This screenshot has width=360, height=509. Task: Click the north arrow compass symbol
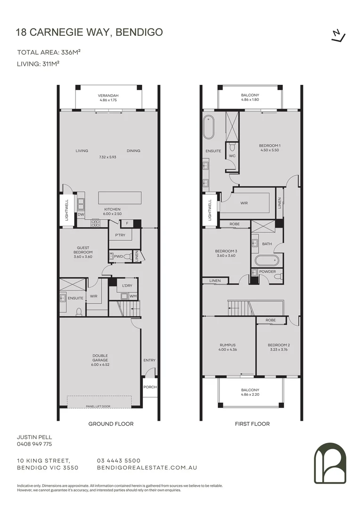point(338,36)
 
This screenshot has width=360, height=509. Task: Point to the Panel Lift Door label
point(98,406)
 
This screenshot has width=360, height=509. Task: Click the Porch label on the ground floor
point(150,387)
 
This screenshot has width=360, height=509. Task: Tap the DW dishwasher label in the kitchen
point(81,214)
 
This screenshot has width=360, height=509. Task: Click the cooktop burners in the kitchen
point(96,222)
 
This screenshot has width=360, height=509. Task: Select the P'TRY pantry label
point(120,235)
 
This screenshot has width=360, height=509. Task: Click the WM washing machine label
point(133,296)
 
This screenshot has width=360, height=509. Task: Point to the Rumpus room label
point(228,345)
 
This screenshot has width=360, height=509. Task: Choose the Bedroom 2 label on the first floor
point(279,345)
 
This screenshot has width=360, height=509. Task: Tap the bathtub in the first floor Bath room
point(267,260)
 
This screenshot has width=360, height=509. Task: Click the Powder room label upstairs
point(268,271)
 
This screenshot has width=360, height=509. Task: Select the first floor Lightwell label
point(210,210)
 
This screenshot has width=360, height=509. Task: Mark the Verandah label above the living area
point(108,95)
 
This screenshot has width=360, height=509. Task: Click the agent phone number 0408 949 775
point(34,444)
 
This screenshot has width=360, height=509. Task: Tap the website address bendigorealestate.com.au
point(147,468)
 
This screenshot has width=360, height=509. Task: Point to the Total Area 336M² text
point(49,52)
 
